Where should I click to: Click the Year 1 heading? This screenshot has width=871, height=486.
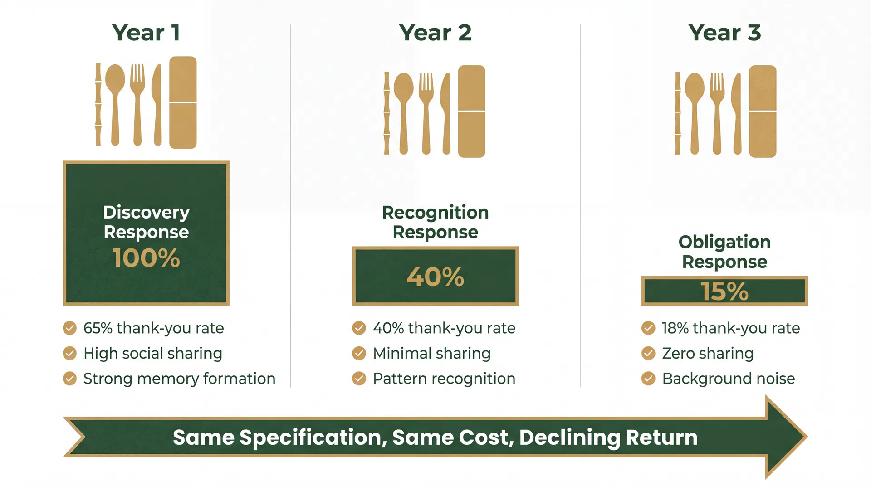[146, 33]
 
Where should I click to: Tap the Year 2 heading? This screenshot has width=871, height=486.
[435, 33]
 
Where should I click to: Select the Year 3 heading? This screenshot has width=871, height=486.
[724, 33]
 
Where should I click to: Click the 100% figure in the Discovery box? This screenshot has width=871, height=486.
[146, 258]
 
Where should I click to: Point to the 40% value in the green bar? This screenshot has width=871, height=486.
[435, 277]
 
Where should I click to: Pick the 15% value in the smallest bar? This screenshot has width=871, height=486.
[724, 291]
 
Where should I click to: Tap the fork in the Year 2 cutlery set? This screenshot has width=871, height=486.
[426, 111]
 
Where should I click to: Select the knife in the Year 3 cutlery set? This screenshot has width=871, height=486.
[737, 113]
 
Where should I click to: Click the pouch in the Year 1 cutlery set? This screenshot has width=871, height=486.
[183, 102]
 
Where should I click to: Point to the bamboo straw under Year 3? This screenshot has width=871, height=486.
[677, 113]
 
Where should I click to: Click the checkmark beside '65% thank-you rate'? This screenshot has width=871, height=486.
[69, 328]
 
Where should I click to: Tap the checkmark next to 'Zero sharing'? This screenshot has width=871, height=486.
[648, 353]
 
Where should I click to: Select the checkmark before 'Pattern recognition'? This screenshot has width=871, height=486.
[359, 379]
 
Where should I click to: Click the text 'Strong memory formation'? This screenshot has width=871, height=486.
[179, 379]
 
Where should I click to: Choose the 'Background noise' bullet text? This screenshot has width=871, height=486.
[728, 379]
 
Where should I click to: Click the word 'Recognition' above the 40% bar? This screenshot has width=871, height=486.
[435, 212]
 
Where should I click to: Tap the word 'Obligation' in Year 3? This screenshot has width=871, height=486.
[724, 242]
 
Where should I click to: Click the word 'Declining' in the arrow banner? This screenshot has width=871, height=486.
[569, 437]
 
